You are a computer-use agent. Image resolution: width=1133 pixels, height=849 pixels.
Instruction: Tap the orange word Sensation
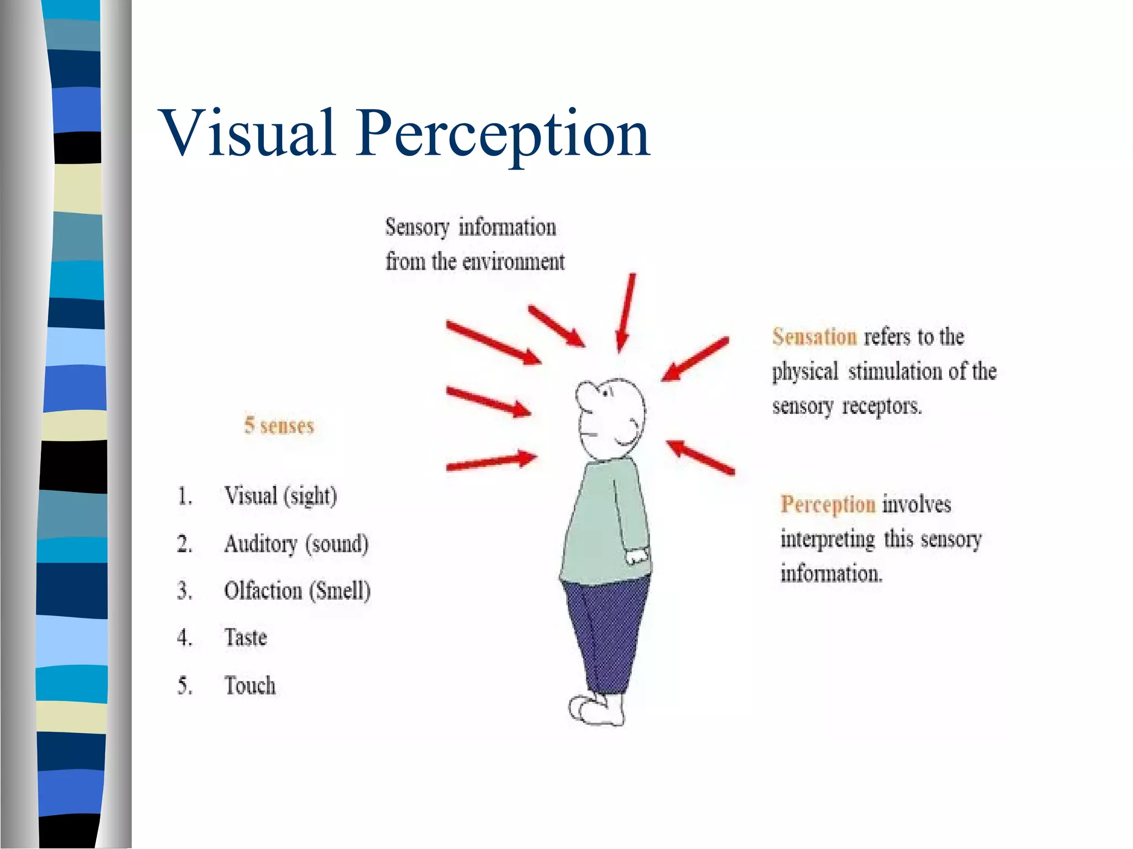814,337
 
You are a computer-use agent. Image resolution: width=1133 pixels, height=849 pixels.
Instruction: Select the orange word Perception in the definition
828,504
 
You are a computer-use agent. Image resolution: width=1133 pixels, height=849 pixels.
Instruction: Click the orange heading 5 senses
279,426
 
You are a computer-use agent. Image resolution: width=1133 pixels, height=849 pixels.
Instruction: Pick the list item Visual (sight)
280,496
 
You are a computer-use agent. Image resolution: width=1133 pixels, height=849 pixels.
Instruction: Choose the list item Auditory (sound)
296,544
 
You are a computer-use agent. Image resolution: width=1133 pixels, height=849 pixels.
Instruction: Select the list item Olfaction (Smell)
297,591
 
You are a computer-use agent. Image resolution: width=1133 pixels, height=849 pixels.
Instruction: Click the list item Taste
246,638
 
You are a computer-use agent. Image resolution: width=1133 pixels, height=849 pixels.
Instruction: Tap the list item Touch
250,686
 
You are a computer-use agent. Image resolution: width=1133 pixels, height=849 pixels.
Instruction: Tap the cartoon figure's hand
637,555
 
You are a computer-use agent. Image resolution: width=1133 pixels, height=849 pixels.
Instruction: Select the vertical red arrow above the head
626,312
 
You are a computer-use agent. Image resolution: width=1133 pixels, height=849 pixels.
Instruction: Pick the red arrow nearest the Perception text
700,457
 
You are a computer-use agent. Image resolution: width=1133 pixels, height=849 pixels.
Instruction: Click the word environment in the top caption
513,261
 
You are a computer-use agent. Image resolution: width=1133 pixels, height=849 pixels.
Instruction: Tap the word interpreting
828,539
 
